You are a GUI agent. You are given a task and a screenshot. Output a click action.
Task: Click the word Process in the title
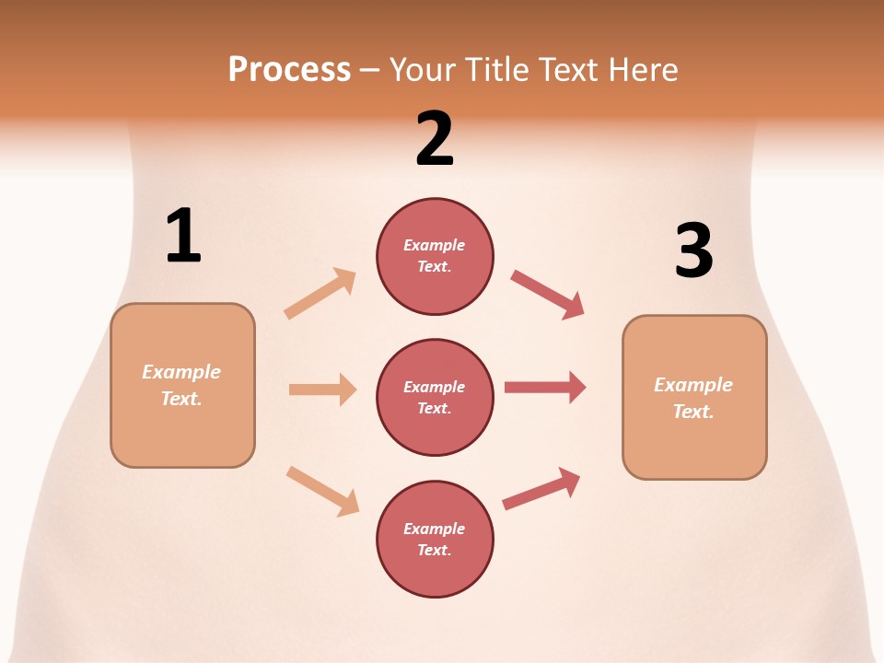click(x=289, y=70)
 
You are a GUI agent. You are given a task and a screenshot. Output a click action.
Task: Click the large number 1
click(x=183, y=237)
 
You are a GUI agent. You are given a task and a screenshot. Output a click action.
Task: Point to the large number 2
click(x=435, y=139)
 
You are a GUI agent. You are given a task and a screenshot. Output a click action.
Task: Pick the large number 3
click(x=693, y=251)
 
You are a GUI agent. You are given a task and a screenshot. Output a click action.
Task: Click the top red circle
click(x=435, y=256)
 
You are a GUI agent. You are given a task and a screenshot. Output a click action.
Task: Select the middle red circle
click(x=435, y=397)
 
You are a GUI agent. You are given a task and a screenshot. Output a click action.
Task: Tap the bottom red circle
click(x=435, y=539)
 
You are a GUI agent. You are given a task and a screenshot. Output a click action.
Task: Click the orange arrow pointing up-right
click(x=320, y=293)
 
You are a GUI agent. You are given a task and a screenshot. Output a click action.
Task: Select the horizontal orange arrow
click(x=322, y=390)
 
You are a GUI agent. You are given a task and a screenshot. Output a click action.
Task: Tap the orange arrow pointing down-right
click(x=322, y=491)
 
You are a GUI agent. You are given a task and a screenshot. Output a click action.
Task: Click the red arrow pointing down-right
click(x=548, y=295)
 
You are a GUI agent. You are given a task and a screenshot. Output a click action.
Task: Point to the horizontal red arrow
click(x=545, y=387)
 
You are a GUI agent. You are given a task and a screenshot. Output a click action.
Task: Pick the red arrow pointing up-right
click(x=541, y=489)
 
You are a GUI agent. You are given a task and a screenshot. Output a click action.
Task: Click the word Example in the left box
click(x=181, y=372)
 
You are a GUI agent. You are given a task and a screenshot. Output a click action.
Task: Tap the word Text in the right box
click(x=692, y=412)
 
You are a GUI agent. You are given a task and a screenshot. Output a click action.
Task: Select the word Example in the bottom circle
click(x=435, y=529)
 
